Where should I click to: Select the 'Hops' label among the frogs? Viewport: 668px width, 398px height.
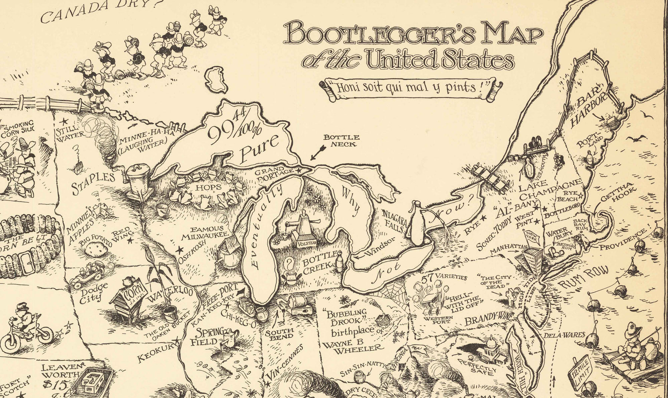coord(199,188)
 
